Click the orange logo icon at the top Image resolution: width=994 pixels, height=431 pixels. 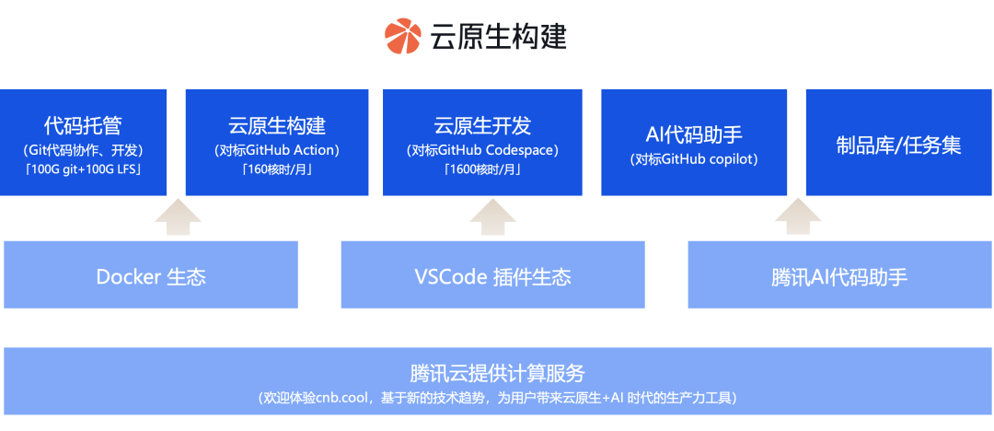click(402, 36)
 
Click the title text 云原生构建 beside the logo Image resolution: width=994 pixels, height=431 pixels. click(498, 37)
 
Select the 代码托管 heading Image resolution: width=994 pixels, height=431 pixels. click(83, 125)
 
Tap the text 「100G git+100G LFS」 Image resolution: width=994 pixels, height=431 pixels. click(83, 169)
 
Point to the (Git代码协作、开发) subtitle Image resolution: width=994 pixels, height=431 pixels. click(83, 150)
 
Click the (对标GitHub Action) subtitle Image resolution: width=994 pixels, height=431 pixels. click(277, 150)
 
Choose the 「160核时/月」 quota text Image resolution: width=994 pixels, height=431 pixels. click(277, 169)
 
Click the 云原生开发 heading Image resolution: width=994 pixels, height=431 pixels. click(482, 125)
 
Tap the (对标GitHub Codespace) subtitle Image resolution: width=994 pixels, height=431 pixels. click(482, 150)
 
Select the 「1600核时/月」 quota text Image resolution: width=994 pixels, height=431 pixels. click(482, 169)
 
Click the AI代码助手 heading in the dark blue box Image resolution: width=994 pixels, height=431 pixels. click(694, 135)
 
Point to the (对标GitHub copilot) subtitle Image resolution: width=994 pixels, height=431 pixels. click(694, 160)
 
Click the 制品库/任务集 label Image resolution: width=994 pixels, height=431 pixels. click(899, 146)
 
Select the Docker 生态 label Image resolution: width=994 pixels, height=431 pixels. click(151, 277)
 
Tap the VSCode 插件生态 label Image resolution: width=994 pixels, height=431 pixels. click(492, 277)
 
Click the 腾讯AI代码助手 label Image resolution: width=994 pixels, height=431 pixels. click(839, 277)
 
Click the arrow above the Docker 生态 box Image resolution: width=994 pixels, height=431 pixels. click(178, 217)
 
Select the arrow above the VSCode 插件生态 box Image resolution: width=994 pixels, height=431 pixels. click(492, 217)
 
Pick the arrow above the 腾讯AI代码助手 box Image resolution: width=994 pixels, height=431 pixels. click(798, 217)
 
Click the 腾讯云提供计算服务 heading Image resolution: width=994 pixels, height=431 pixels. click(497, 373)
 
